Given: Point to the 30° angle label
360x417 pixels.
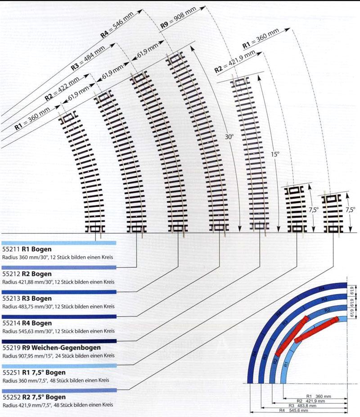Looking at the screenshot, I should tap(229, 136).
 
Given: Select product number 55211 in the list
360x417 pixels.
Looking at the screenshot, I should tap(9, 249).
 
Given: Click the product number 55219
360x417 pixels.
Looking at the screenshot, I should tap(9, 348).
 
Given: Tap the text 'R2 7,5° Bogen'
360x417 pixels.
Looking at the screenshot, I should tap(43, 397).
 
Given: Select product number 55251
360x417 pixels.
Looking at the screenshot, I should tap(9, 372).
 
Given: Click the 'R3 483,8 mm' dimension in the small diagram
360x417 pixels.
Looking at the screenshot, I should tap(306, 405).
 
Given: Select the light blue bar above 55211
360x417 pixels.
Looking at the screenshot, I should tap(59, 243).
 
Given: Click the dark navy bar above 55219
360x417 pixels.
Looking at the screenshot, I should tap(59, 341).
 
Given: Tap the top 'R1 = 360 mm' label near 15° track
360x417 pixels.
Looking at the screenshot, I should tap(260, 39).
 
